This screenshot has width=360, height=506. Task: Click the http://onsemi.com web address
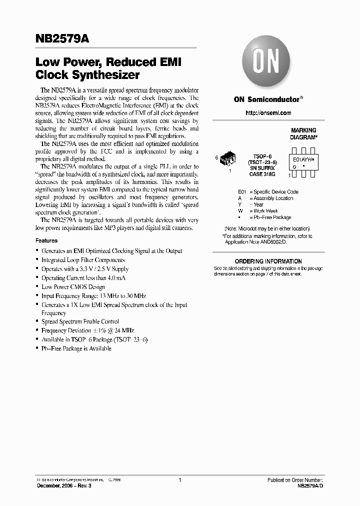(268, 113)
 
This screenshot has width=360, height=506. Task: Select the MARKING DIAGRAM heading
(303, 133)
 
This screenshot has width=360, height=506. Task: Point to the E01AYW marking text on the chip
(302, 161)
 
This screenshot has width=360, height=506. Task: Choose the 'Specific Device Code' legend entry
(275, 192)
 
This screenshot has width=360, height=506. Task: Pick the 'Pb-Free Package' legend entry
(272, 217)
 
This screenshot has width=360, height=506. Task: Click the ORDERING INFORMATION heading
(268, 261)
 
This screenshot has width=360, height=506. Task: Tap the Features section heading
(46, 240)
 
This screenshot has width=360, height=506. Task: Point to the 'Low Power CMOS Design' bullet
(73, 287)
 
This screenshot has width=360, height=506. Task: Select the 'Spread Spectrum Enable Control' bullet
(80, 321)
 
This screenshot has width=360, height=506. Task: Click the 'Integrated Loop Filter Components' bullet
(83, 260)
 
